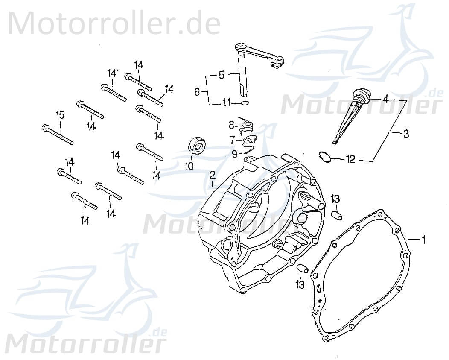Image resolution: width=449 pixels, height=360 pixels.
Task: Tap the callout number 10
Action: click(189, 166)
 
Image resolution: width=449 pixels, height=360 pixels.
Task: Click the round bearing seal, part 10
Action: click(197, 145)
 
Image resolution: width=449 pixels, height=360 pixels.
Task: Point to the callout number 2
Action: click(212, 175)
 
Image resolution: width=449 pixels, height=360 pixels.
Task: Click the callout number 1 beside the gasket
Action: click(423, 240)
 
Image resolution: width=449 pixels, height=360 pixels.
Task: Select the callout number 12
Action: click(350, 160)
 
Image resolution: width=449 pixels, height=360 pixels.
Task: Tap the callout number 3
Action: click(405, 134)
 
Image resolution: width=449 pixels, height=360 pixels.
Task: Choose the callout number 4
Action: click(385, 99)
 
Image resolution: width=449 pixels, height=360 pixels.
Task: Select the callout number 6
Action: click(197, 91)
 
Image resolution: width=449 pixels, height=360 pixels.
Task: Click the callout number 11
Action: click(226, 102)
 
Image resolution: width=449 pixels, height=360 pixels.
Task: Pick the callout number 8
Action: click(231, 125)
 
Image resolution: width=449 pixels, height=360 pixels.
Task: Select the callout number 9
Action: click(234, 153)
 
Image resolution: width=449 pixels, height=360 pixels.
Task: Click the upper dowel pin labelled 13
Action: click(337, 214)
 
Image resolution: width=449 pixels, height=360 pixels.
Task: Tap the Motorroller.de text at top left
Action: click(114, 23)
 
